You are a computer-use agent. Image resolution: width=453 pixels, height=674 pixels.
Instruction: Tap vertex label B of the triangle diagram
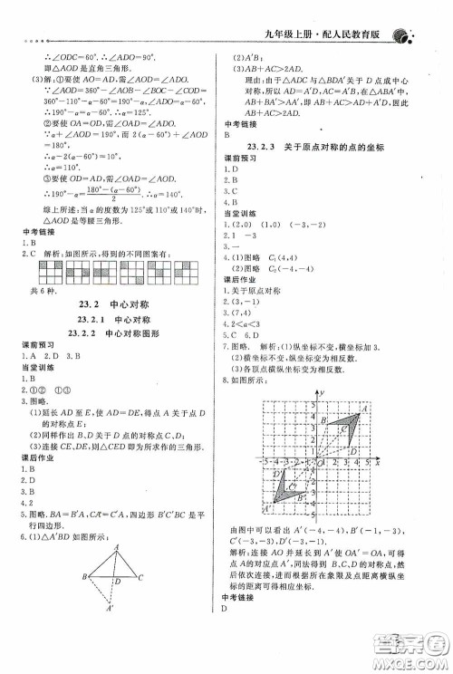(x=83, y=577)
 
